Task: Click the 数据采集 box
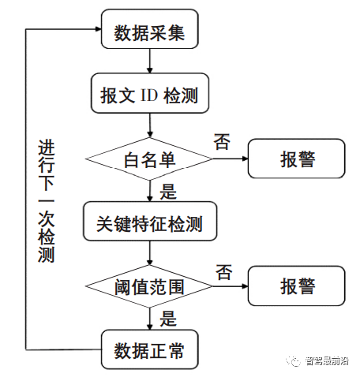[x=149, y=33]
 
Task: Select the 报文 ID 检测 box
[x=149, y=95]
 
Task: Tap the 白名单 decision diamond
[x=149, y=159]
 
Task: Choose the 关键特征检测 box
[x=149, y=223]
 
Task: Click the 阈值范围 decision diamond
[x=149, y=286]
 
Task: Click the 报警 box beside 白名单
[x=297, y=159]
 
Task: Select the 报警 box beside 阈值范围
[x=297, y=286]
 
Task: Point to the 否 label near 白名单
[x=222, y=142]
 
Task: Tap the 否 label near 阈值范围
[x=223, y=272]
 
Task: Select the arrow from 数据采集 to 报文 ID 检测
[x=149, y=64]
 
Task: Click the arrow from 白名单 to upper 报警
[x=230, y=159]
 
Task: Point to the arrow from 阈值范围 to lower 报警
[x=230, y=286]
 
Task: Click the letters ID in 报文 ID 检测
[x=149, y=96]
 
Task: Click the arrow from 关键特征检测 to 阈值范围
[x=149, y=254]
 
